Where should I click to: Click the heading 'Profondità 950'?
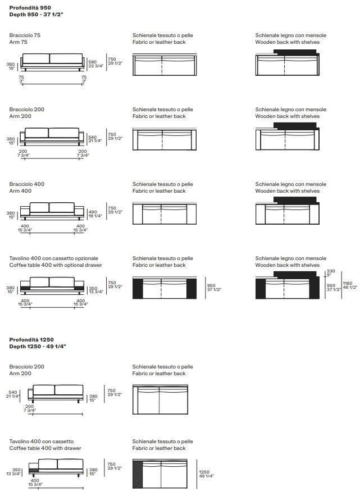30,8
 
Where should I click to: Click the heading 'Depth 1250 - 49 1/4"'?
38,347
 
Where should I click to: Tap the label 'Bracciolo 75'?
25,35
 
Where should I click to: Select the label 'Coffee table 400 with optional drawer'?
56,265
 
